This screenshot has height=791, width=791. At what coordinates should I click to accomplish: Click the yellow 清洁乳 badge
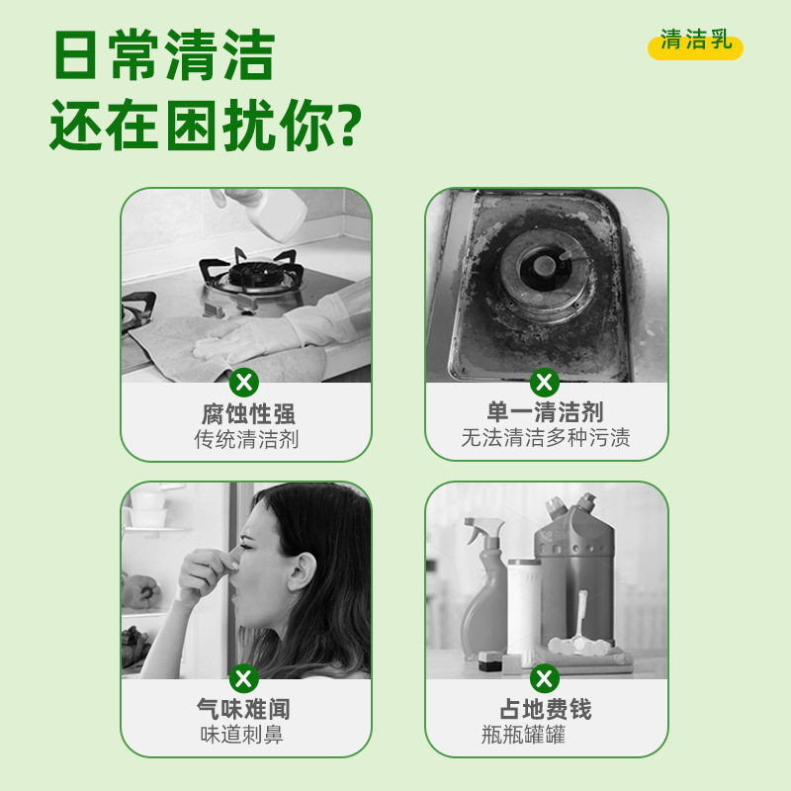(x=695, y=43)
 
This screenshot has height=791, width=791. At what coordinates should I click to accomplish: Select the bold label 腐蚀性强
(x=248, y=413)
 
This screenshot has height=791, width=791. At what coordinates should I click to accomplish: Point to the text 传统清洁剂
(x=246, y=439)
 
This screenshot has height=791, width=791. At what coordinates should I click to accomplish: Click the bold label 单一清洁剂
(x=545, y=412)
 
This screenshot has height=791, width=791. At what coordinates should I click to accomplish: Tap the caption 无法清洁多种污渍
(x=545, y=438)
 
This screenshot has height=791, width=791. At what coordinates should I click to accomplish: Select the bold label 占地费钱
(x=545, y=709)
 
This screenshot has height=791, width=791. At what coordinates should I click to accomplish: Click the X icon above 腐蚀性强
(x=244, y=382)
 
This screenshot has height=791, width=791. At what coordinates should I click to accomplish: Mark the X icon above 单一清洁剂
(x=544, y=382)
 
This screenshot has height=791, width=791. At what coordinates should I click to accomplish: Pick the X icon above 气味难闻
(x=244, y=678)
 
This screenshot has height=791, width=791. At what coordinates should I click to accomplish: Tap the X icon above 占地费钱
(x=544, y=678)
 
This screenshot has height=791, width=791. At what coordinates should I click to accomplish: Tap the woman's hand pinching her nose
(x=208, y=572)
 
